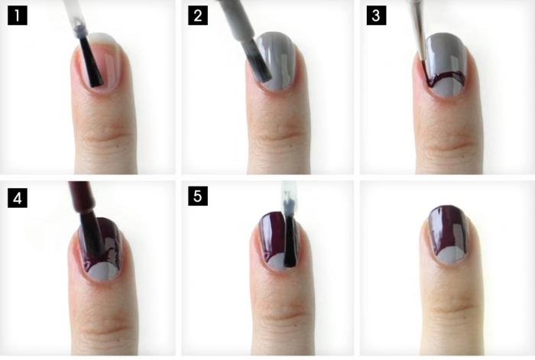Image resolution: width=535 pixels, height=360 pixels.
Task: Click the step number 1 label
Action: (x=18, y=16)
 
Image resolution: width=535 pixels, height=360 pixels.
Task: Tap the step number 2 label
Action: (x=198, y=16)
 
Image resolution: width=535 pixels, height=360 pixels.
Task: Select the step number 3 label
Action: (x=376, y=16)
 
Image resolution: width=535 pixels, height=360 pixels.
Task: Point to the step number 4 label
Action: (x=18, y=198)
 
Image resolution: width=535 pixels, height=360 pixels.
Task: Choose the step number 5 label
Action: (x=198, y=196)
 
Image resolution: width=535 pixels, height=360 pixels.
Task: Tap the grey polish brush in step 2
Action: (x=258, y=61)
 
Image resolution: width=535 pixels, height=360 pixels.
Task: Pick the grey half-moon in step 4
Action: (x=102, y=272)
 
